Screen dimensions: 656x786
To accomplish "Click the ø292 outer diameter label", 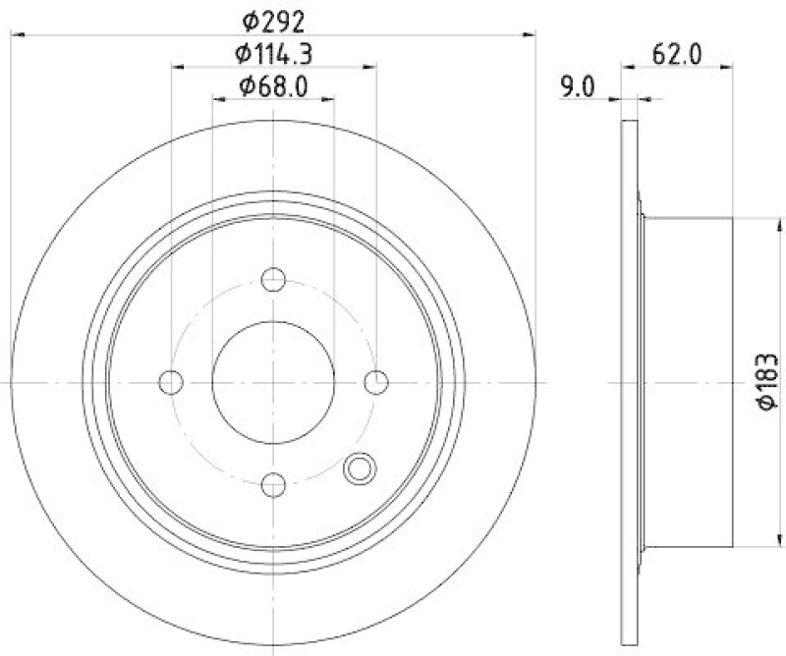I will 274,19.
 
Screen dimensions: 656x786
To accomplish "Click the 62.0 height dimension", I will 676,54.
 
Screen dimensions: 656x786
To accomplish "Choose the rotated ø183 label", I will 767,382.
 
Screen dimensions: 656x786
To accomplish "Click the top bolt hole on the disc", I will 274,280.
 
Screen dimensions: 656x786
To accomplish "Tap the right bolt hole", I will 375,381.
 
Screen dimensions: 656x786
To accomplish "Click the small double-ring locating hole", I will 360,468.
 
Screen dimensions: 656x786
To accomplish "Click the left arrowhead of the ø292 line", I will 17,35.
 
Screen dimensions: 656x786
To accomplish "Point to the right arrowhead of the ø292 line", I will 532,35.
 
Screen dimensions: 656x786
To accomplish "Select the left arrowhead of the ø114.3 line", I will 178,68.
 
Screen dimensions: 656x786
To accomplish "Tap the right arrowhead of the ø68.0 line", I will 329,99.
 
